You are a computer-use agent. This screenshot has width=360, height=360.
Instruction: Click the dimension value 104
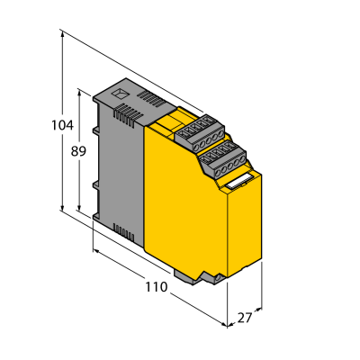click(x=62, y=125)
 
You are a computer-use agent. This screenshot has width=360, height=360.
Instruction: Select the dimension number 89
click(x=78, y=151)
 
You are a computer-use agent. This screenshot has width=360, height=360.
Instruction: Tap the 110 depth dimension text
click(x=157, y=287)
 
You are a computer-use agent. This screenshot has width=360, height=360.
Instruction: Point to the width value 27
click(x=245, y=318)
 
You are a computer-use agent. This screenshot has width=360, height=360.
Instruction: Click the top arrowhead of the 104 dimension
click(x=62, y=34)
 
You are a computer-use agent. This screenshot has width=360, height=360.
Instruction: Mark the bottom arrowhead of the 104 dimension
click(x=62, y=207)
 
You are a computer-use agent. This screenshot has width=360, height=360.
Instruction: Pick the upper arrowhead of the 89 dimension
click(x=79, y=93)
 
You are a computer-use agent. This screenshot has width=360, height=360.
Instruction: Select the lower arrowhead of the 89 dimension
click(x=79, y=207)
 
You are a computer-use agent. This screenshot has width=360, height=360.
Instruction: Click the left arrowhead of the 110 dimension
click(x=96, y=250)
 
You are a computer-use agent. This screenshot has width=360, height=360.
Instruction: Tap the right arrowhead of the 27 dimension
click(x=259, y=309)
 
